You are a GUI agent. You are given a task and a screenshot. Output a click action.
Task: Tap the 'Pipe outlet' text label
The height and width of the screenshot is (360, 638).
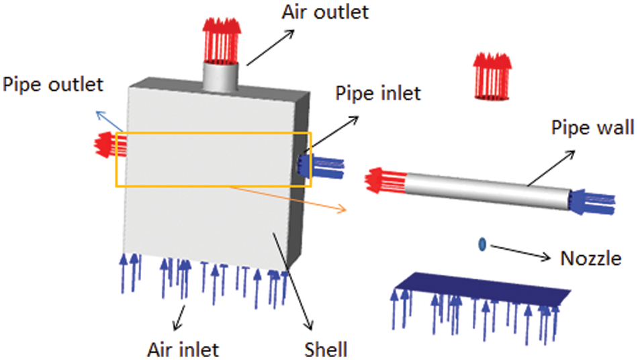coord(53,85)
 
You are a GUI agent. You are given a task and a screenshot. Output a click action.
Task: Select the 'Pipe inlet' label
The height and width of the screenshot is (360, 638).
coord(377,93)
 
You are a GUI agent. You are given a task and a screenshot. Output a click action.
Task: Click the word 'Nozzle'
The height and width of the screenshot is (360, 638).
coord(590,258)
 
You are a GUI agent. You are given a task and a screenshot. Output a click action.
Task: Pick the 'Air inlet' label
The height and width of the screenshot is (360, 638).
coord(183,349)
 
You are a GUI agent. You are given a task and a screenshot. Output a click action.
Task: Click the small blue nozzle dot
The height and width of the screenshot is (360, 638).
coord(482,245)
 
